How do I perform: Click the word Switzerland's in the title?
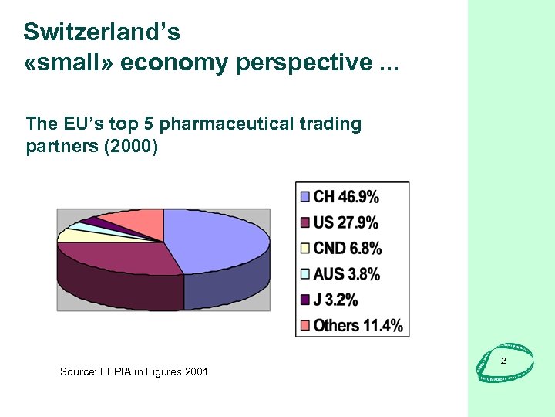[102, 32]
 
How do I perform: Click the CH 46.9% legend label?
[345, 197]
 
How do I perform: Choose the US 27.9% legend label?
[345, 222]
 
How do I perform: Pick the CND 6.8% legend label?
[348, 248]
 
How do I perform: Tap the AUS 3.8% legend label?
[347, 273]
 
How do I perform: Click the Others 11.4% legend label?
[358, 324]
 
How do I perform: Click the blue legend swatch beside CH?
[305, 197]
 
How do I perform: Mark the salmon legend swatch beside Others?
[305, 324]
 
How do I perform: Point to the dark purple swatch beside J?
[305, 299]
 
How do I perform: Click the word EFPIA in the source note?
[116, 371]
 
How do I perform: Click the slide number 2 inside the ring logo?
[503, 361]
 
